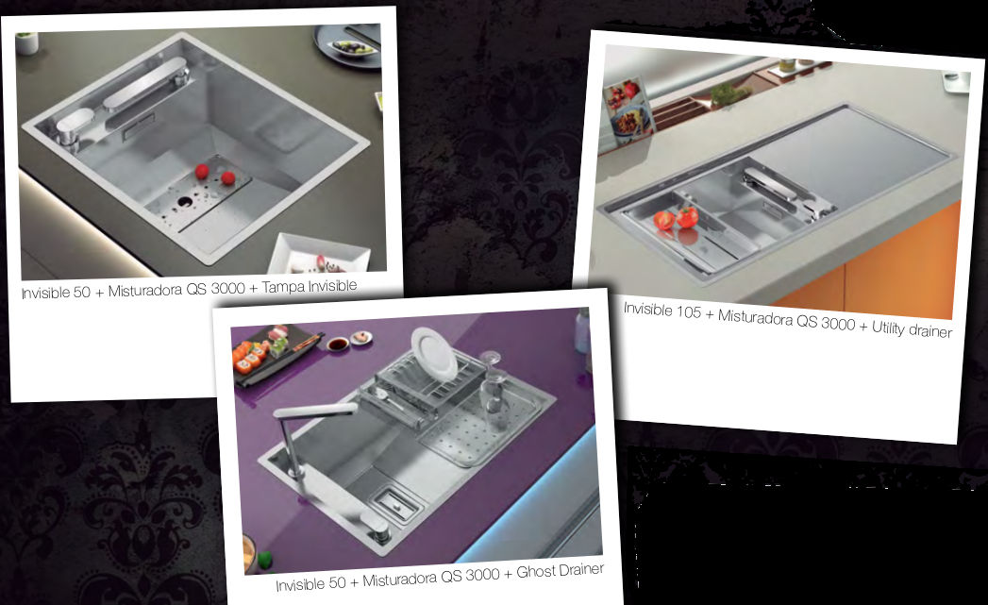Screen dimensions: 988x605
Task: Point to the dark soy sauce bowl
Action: (x=338, y=344)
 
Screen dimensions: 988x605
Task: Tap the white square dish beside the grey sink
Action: (x=320, y=255)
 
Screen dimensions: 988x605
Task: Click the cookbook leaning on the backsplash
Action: (x=625, y=113)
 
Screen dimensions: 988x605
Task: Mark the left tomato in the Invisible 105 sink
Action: (x=663, y=220)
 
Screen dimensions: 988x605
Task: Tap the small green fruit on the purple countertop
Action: (x=265, y=559)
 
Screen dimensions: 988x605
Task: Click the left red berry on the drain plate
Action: (x=202, y=171)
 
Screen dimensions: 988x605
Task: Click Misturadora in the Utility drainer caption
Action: (x=755, y=318)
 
